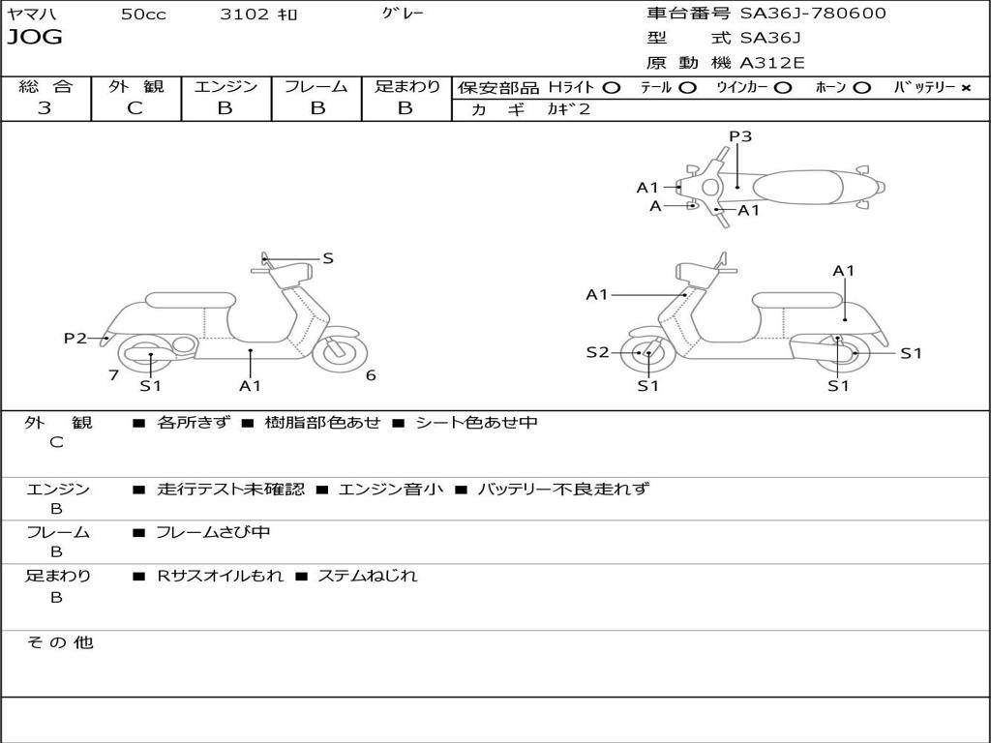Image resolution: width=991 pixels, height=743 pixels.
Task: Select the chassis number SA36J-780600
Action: [813, 14]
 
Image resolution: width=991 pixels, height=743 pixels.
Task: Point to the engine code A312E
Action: [771, 64]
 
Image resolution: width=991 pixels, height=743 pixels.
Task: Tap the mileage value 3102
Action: [244, 15]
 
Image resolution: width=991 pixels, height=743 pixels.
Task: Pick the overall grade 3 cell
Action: [45, 108]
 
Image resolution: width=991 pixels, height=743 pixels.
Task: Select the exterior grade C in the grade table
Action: [135, 108]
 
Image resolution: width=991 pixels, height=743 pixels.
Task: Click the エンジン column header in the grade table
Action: [225, 86]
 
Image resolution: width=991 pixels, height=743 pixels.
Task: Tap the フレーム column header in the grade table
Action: [315, 86]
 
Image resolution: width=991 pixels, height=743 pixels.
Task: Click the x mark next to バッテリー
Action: [965, 87]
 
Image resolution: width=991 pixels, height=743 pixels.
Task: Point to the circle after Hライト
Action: [611, 87]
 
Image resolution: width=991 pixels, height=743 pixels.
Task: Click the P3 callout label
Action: [740, 136]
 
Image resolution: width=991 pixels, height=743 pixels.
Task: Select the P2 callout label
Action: [75, 338]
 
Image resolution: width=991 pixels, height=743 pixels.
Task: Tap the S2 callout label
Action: [597, 352]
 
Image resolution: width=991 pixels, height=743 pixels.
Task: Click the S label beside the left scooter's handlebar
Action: [328, 258]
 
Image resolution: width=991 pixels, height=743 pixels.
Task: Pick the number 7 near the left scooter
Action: [113, 375]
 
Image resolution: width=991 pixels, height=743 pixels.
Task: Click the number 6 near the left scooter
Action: [371, 375]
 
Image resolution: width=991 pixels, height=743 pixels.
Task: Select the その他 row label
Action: [59, 642]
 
